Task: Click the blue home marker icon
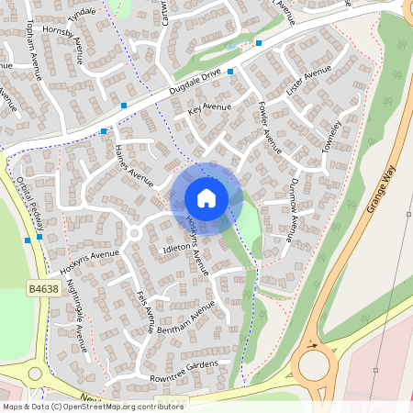coord(206,197)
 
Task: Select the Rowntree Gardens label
coord(183,371)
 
